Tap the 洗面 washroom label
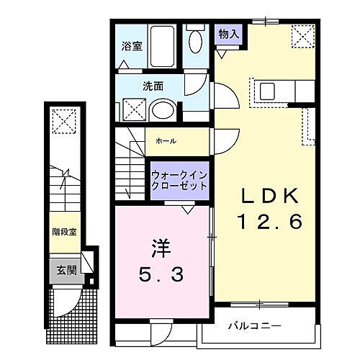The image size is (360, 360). tap(153, 86)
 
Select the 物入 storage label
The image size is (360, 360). tap(230, 34)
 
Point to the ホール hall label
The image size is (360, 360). tap(166, 141)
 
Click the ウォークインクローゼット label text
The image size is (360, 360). tap(179, 180)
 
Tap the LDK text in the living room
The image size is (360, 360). tap(264, 197)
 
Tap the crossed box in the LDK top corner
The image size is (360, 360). tap(302, 35)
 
